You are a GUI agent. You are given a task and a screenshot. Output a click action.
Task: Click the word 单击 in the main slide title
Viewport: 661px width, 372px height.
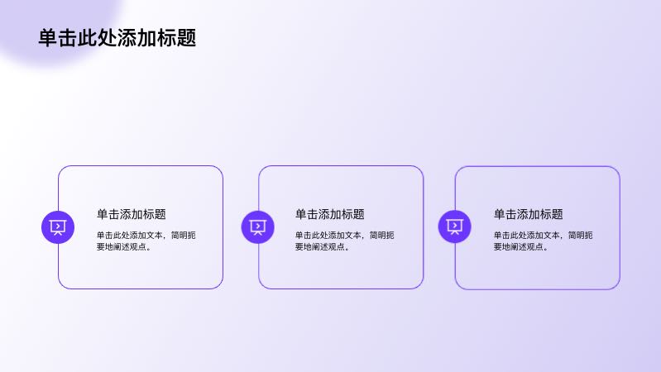click(58, 38)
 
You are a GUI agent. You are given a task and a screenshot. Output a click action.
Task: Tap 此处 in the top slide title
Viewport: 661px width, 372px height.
click(98, 38)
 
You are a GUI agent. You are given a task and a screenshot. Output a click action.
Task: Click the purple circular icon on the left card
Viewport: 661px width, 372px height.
click(58, 227)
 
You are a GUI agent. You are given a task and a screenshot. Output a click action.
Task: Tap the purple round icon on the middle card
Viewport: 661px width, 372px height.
click(258, 227)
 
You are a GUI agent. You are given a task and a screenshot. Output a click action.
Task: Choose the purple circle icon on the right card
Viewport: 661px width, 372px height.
click(455, 227)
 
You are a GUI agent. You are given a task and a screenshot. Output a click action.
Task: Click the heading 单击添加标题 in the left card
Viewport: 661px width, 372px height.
click(132, 214)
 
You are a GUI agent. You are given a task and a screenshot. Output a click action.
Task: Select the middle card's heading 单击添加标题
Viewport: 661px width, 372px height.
click(330, 214)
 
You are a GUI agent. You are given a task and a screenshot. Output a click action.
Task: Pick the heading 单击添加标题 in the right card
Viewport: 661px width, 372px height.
click(529, 214)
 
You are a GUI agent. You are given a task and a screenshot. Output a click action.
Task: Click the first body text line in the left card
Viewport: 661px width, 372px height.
click(146, 235)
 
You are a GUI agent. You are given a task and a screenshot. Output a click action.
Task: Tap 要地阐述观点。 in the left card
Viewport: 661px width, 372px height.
click(126, 246)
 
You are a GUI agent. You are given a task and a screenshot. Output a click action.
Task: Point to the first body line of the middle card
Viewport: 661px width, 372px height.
click(345, 235)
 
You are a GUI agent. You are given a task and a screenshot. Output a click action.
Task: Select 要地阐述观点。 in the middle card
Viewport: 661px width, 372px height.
click(324, 246)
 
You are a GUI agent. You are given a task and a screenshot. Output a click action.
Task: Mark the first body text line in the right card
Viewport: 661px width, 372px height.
click(544, 235)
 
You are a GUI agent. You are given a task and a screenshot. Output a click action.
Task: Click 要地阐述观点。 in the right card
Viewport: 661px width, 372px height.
click(523, 246)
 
